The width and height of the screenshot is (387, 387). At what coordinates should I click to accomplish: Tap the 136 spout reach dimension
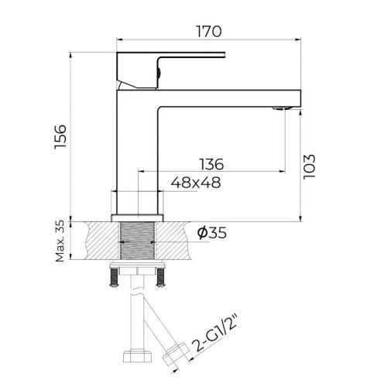tap(211, 164)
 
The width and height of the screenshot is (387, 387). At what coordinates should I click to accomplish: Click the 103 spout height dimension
tap(310, 165)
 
